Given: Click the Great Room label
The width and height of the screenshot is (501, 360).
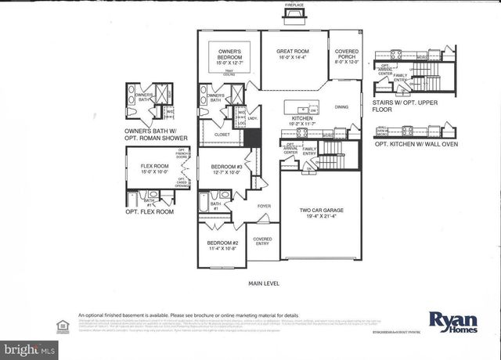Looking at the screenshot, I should (293, 54).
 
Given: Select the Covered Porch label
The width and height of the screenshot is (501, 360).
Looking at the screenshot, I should (347, 54).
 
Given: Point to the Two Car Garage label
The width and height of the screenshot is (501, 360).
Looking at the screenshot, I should (320, 212).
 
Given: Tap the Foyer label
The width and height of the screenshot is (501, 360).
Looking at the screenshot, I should (265, 208).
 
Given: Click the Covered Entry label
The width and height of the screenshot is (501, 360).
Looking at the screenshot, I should (262, 242).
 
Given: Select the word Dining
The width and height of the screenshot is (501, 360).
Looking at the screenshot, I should (342, 106).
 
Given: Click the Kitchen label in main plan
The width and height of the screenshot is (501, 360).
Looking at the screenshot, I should (302, 120).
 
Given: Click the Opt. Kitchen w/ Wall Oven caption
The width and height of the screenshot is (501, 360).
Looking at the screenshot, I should (415, 145).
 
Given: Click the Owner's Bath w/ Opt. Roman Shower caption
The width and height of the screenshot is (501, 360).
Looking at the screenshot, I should (157, 135).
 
